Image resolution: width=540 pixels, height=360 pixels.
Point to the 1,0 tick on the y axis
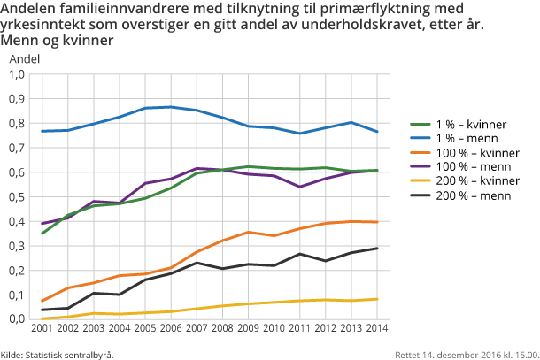[17, 74]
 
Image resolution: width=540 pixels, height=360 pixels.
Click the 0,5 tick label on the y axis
[17, 196]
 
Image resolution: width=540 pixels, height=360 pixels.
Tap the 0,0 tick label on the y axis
[17, 318]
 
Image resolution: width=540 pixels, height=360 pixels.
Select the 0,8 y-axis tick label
[17, 123]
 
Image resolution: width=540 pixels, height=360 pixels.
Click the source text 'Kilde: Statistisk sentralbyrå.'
[57, 354]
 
